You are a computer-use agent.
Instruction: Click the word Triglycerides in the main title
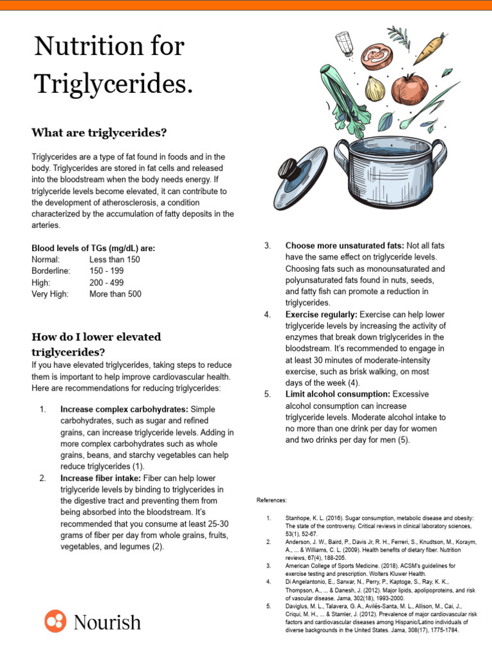coord(113,83)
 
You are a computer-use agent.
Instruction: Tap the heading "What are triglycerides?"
coord(99,133)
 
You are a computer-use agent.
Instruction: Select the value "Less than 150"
coord(115,259)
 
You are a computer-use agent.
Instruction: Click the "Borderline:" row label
coord(51,271)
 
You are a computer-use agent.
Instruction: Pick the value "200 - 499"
coord(107,283)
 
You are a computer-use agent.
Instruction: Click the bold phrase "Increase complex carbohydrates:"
coord(124,409)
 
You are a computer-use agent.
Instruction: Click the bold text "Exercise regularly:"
coord(321,315)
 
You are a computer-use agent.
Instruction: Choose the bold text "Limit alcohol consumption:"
coord(338,394)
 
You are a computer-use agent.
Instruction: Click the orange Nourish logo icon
coord(55,621)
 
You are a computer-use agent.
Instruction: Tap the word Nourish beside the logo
coord(107,622)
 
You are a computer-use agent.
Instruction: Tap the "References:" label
coord(272,500)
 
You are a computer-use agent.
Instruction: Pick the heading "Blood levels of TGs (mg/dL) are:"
coord(93,248)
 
